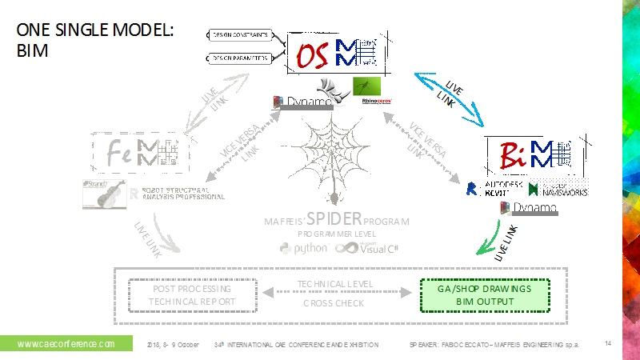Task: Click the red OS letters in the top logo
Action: tap(311, 55)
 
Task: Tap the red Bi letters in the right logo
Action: tap(513, 153)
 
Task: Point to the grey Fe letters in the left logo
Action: tap(121, 151)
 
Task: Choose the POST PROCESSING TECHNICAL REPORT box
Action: tap(193, 294)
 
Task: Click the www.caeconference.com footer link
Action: tap(66, 344)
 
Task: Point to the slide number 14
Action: tap(608, 343)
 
